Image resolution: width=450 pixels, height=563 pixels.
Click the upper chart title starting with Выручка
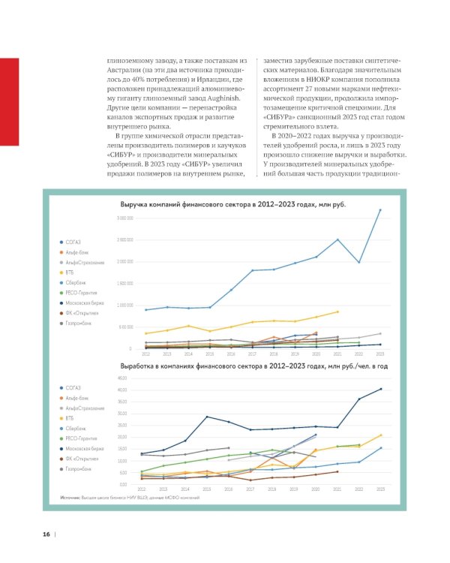233,203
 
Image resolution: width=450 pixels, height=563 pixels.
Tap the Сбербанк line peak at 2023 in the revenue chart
380,210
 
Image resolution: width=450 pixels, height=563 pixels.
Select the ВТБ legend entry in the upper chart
70,273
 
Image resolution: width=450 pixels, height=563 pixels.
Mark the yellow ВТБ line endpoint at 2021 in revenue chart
337,312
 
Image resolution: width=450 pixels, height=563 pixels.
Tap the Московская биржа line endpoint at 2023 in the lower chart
380,389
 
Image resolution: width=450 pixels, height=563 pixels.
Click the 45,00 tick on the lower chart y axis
124,378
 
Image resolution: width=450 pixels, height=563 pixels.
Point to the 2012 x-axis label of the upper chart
145,353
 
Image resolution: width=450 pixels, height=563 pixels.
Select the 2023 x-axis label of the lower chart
380,488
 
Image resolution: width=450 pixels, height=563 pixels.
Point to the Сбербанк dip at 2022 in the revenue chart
359,262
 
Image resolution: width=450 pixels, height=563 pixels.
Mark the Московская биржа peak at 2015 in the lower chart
208,417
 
